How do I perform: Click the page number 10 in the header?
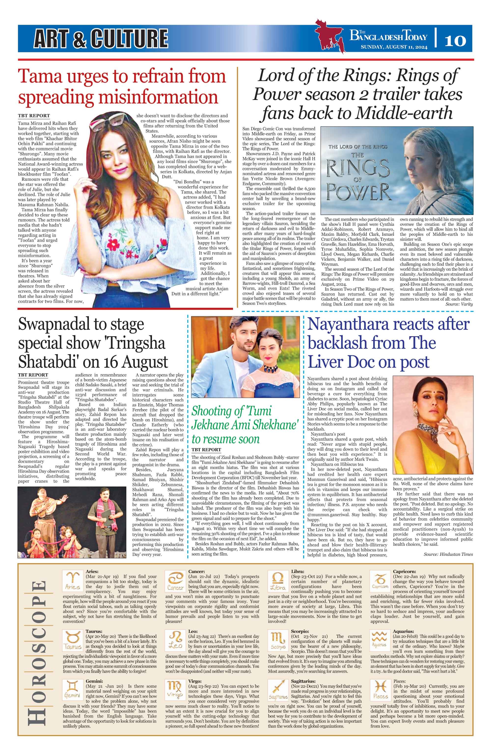[x=455, y=41]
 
